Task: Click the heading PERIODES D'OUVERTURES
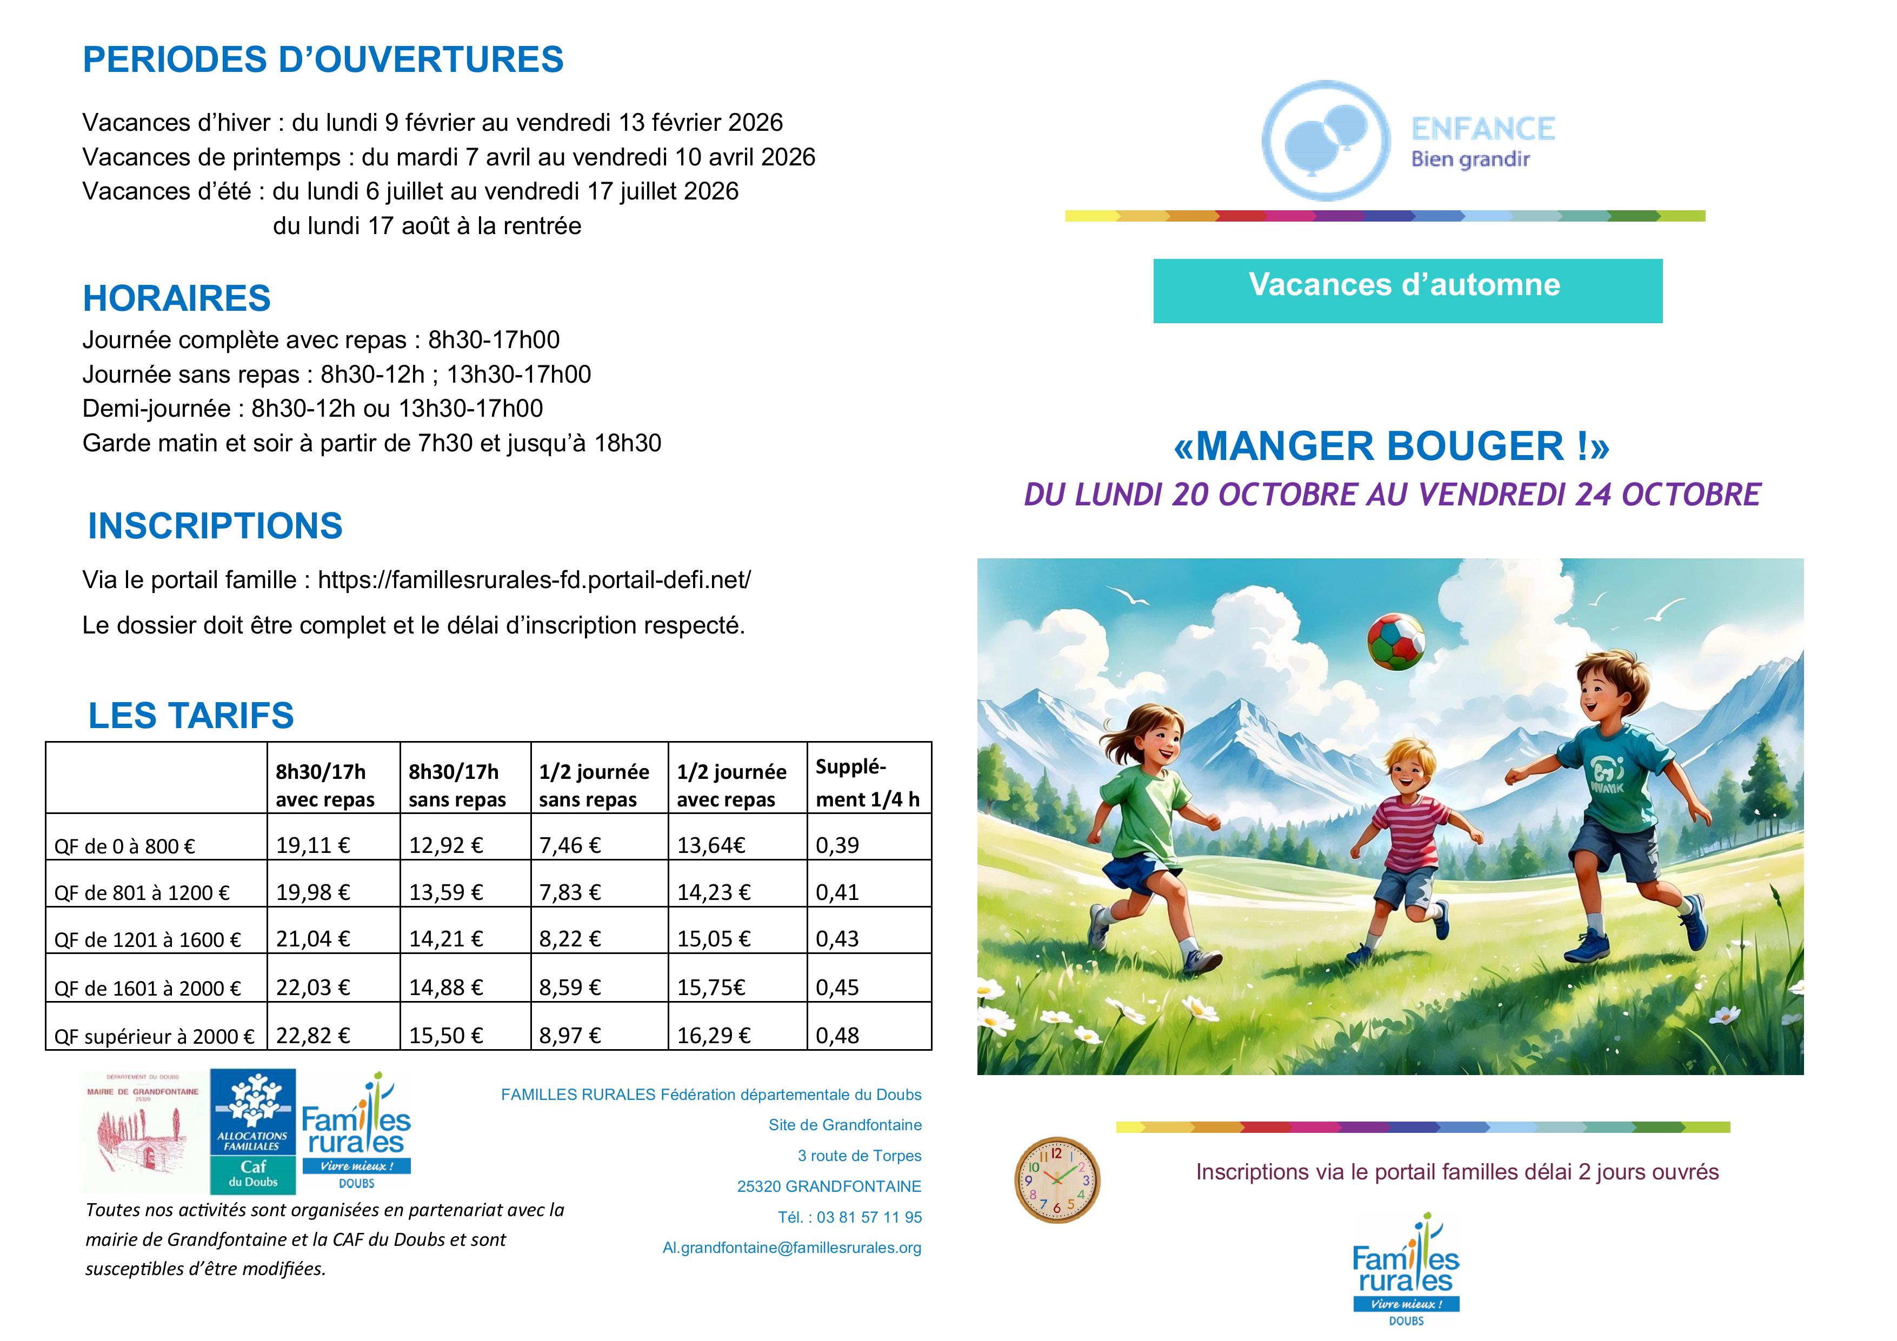[323, 59]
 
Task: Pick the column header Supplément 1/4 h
[868, 783]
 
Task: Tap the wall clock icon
[1057, 1179]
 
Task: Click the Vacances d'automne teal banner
[1407, 290]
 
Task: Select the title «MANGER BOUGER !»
[1392, 446]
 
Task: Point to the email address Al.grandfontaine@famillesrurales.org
[791, 1247]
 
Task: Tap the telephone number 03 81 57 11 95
[868, 1217]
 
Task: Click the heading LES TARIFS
[191, 716]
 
